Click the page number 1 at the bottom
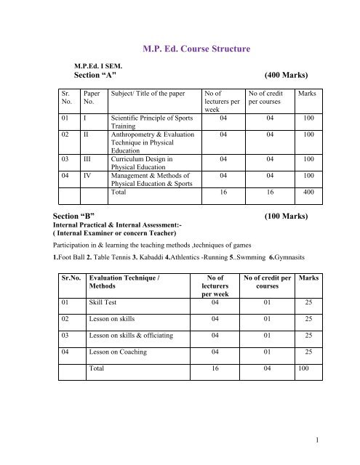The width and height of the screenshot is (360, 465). pyautogui.click(x=340, y=439)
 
